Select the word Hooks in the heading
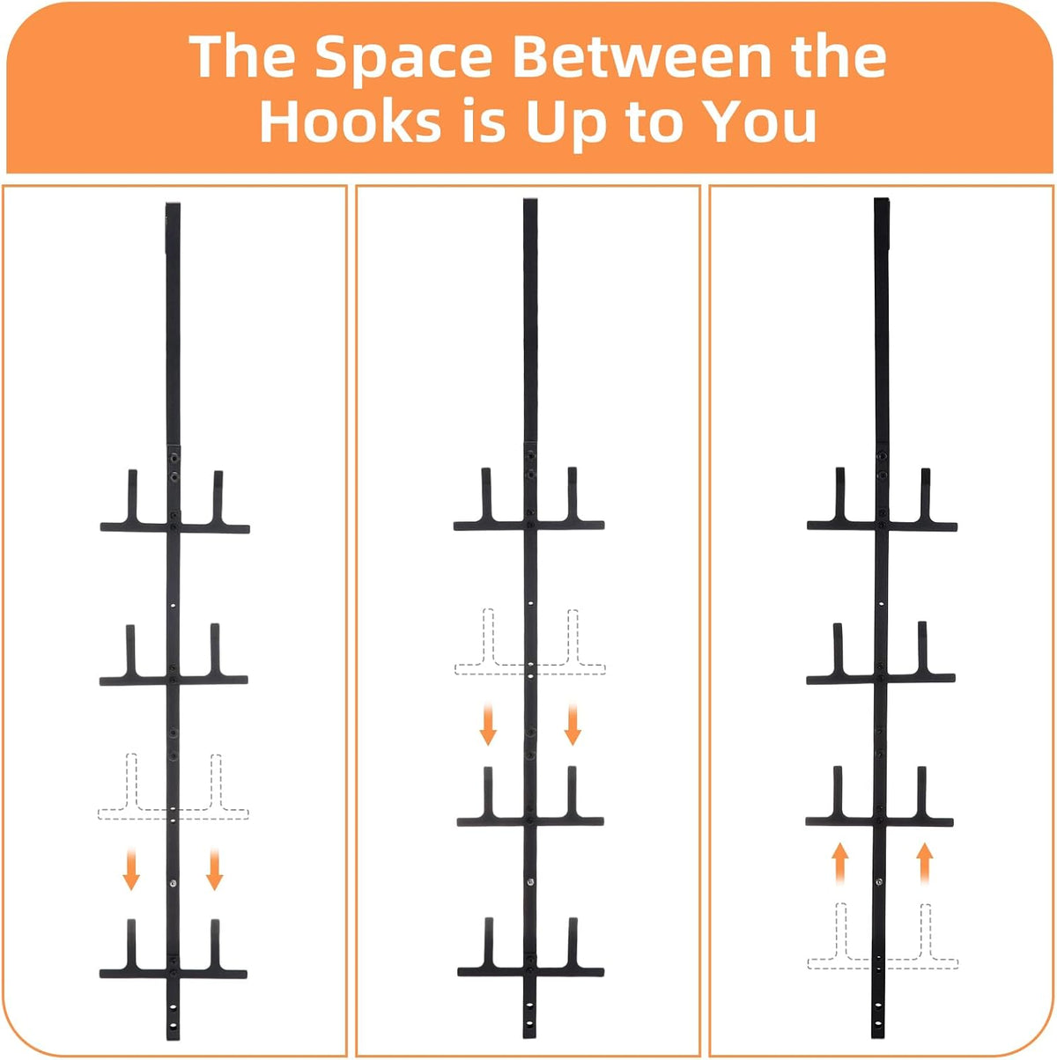351,121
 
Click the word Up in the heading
565,124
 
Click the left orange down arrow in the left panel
131,869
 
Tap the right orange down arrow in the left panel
214,869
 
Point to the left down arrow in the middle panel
488,724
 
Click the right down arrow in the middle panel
573,724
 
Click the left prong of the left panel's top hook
133,497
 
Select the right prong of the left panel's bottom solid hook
215,944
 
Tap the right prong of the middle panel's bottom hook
573,943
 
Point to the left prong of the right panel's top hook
840,494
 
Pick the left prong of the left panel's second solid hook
130,651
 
